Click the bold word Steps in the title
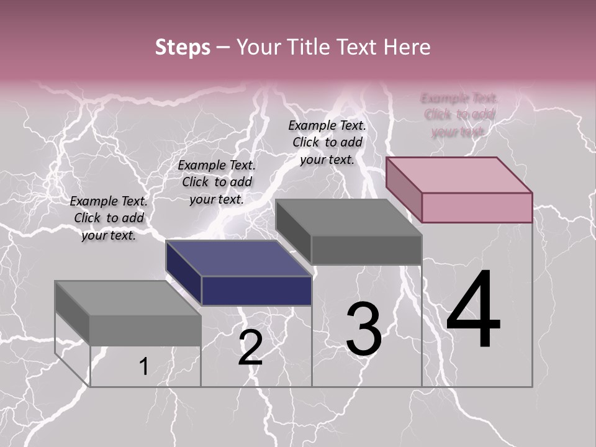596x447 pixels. [x=183, y=47]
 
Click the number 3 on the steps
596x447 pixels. [x=364, y=328]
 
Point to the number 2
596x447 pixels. [x=250, y=347]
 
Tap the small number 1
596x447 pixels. [x=143, y=366]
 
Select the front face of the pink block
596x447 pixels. [x=477, y=207]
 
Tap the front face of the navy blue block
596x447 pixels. [x=256, y=291]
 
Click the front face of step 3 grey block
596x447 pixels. [x=366, y=250]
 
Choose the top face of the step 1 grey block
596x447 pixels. [x=129, y=299]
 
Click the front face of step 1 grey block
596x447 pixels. [x=145, y=330]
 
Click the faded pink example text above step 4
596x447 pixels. [x=459, y=114]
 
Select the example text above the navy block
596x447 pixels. [x=217, y=182]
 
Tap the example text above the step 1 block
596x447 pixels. [x=109, y=218]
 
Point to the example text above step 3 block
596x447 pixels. [x=327, y=142]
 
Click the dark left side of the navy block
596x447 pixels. [x=183, y=273]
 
